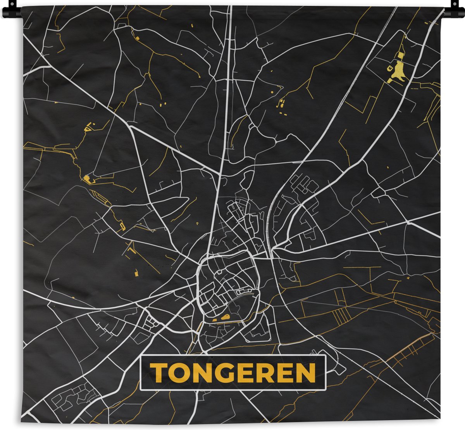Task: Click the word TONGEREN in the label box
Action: click(x=232, y=373)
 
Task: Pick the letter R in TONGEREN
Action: click(x=262, y=373)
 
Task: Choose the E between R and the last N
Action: click(x=282, y=373)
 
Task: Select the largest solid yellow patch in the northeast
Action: click(x=399, y=71)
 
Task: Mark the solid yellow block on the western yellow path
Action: click(x=86, y=178)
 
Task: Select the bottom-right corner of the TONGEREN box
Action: click(x=325, y=390)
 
